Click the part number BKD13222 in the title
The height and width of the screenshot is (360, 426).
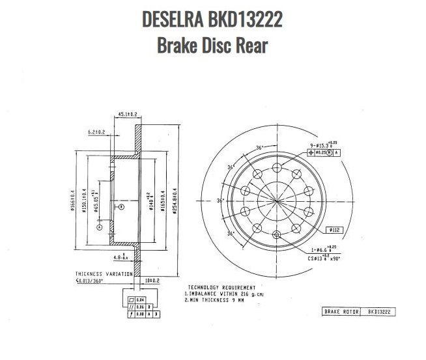(246, 20)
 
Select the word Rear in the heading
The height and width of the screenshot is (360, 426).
(250, 46)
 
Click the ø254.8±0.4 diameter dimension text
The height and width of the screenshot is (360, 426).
(174, 201)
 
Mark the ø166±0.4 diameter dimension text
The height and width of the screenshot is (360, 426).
(73, 201)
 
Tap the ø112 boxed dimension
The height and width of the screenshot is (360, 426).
(334, 230)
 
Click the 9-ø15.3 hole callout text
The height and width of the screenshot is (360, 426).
(320, 143)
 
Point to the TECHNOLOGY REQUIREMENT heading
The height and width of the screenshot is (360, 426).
(221, 287)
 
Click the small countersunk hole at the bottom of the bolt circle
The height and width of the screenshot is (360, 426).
(276, 234)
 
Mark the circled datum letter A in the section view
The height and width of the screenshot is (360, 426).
(100, 228)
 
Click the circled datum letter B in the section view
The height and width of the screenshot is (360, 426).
(121, 206)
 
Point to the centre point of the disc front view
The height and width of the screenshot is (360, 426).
(276, 201)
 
